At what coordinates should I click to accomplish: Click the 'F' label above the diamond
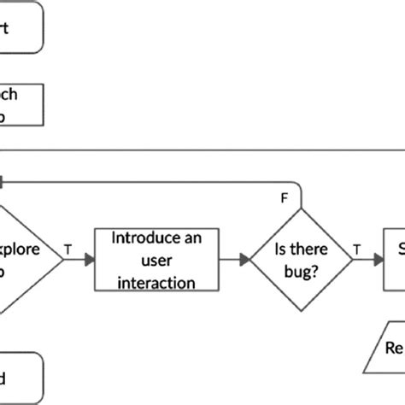(285, 199)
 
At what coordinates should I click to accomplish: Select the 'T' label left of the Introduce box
(68, 249)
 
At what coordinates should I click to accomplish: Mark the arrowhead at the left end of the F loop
(3, 181)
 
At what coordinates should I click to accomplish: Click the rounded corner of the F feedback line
(297, 185)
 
